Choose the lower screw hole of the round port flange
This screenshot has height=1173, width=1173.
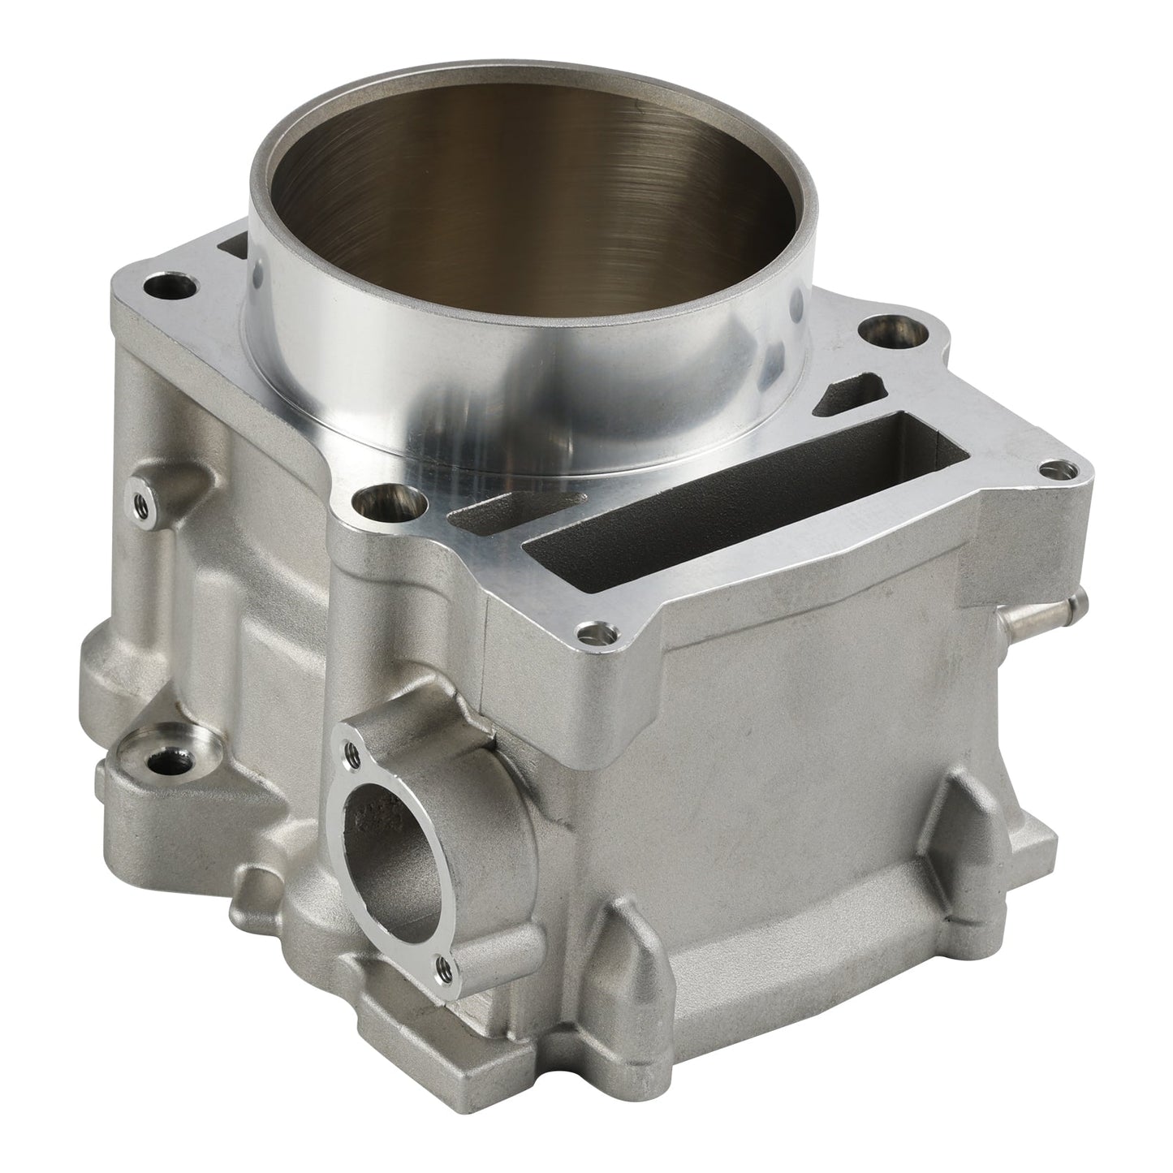click(442, 965)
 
